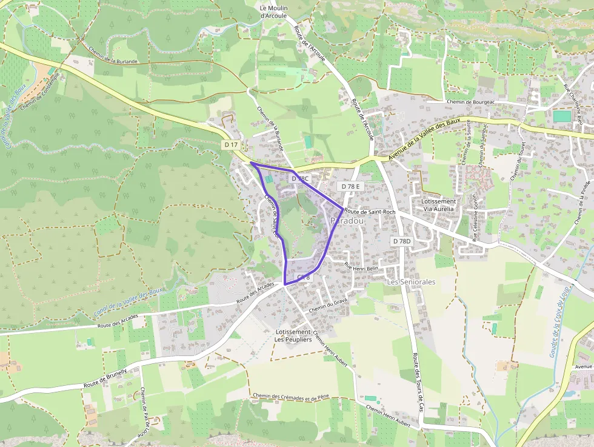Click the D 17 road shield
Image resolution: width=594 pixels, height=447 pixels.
pyautogui.click(x=231, y=145)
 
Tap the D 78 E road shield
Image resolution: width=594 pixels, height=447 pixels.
pyautogui.click(x=350, y=186)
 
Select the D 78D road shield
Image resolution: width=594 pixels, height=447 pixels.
pyautogui.click(x=401, y=241)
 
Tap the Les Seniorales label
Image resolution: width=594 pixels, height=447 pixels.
pyautogui.click(x=411, y=282)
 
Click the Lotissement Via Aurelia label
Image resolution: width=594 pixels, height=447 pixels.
pyautogui.click(x=433, y=205)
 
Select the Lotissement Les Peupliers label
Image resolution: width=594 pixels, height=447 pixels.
pyautogui.click(x=293, y=336)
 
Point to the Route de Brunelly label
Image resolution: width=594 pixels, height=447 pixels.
pyautogui.click(x=105, y=378)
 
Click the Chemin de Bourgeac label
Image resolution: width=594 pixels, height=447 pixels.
pyautogui.click(x=471, y=102)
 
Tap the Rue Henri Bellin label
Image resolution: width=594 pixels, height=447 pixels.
pyautogui.click(x=361, y=267)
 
